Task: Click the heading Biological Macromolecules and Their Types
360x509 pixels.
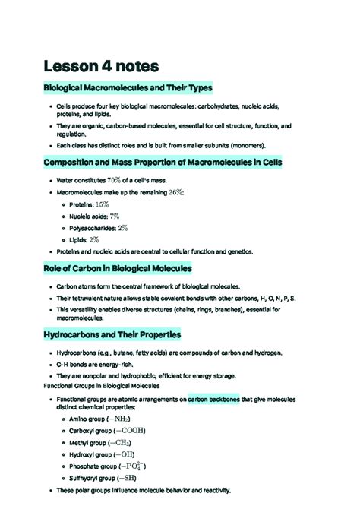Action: click(x=128, y=88)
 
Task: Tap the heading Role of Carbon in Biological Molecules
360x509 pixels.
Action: click(x=118, y=268)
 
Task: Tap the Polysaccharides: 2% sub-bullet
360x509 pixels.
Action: click(x=98, y=228)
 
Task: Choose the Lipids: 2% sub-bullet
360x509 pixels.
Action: click(x=84, y=239)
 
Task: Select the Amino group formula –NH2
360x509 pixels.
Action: click(x=118, y=418)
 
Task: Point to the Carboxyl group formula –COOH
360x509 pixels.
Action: click(x=130, y=430)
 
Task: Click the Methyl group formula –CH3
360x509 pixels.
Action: click(x=119, y=442)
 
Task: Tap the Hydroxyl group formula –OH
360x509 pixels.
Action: click(x=122, y=454)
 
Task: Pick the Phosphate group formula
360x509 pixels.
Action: click(x=134, y=466)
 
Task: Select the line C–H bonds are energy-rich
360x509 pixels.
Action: click(x=100, y=365)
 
